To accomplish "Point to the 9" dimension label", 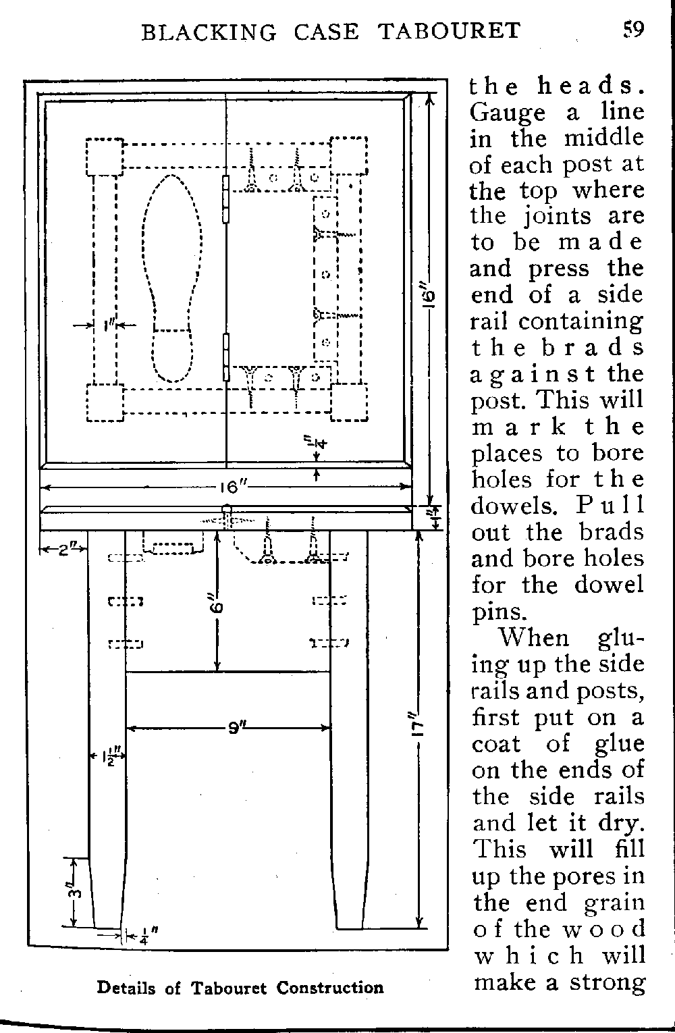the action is click(x=236, y=729).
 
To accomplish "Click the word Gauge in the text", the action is click(x=508, y=113).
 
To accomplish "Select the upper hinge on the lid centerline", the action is click(x=226, y=199).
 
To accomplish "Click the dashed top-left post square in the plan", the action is click(x=105, y=157).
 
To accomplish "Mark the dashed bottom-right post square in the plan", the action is click(x=349, y=402).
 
